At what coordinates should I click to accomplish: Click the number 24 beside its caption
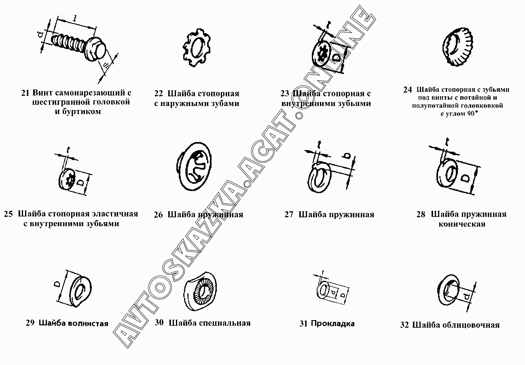click(x=407, y=90)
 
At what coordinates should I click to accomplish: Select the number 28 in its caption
click(x=421, y=214)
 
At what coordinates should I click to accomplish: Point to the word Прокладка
click(x=333, y=323)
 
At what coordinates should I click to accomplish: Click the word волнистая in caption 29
click(x=88, y=323)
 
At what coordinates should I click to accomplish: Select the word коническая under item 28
click(x=461, y=224)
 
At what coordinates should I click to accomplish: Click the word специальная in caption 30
click(x=225, y=323)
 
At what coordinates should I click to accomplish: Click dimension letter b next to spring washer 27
click(x=347, y=156)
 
